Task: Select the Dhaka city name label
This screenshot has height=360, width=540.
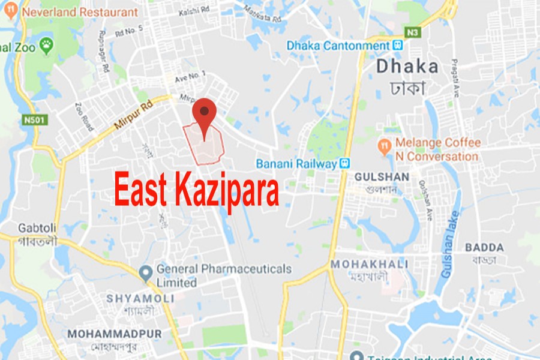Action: (407, 66)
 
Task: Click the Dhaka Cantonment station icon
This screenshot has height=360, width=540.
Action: (397, 45)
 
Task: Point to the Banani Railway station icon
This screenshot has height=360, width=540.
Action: (344, 163)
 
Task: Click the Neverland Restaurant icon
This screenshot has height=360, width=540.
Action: (11, 11)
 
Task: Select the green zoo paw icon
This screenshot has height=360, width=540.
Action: (46, 44)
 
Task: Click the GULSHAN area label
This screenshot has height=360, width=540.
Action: (382, 177)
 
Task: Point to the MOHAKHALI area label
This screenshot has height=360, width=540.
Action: (370, 264)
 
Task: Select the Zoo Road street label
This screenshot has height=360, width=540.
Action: (85, 116)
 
